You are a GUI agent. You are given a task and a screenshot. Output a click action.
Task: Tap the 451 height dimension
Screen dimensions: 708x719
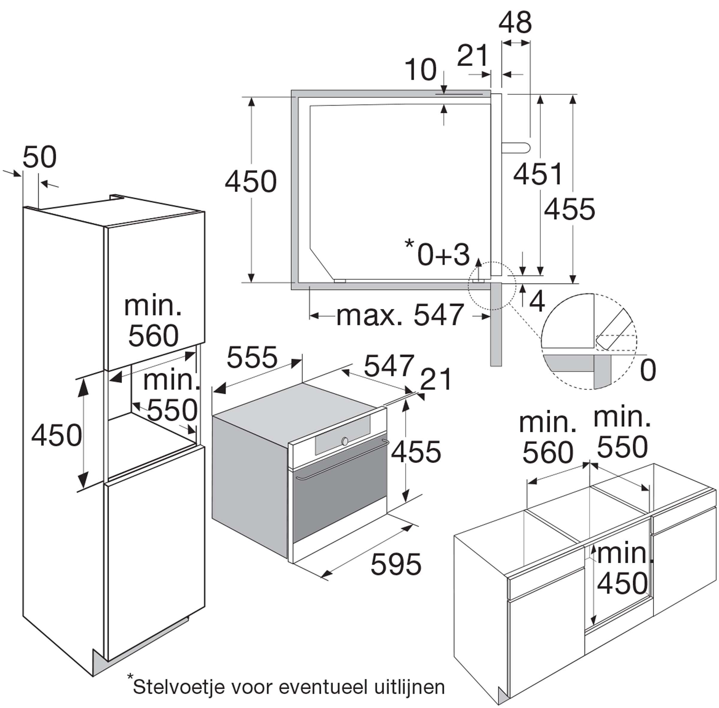pos(538,174)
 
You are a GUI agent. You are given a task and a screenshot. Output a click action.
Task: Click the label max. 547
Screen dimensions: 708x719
pos(400,315)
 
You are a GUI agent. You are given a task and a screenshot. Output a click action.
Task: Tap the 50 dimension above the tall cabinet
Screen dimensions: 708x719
pos(40,157)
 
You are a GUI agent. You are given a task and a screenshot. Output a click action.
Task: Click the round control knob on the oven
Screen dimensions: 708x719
pos(345,441)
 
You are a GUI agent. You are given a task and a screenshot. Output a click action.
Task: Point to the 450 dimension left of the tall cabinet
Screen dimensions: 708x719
pos(57,435)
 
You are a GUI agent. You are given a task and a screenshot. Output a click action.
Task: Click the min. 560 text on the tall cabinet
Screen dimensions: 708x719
pos(153,321)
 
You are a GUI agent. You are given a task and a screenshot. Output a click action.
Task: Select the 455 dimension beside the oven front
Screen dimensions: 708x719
pos(416,452)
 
